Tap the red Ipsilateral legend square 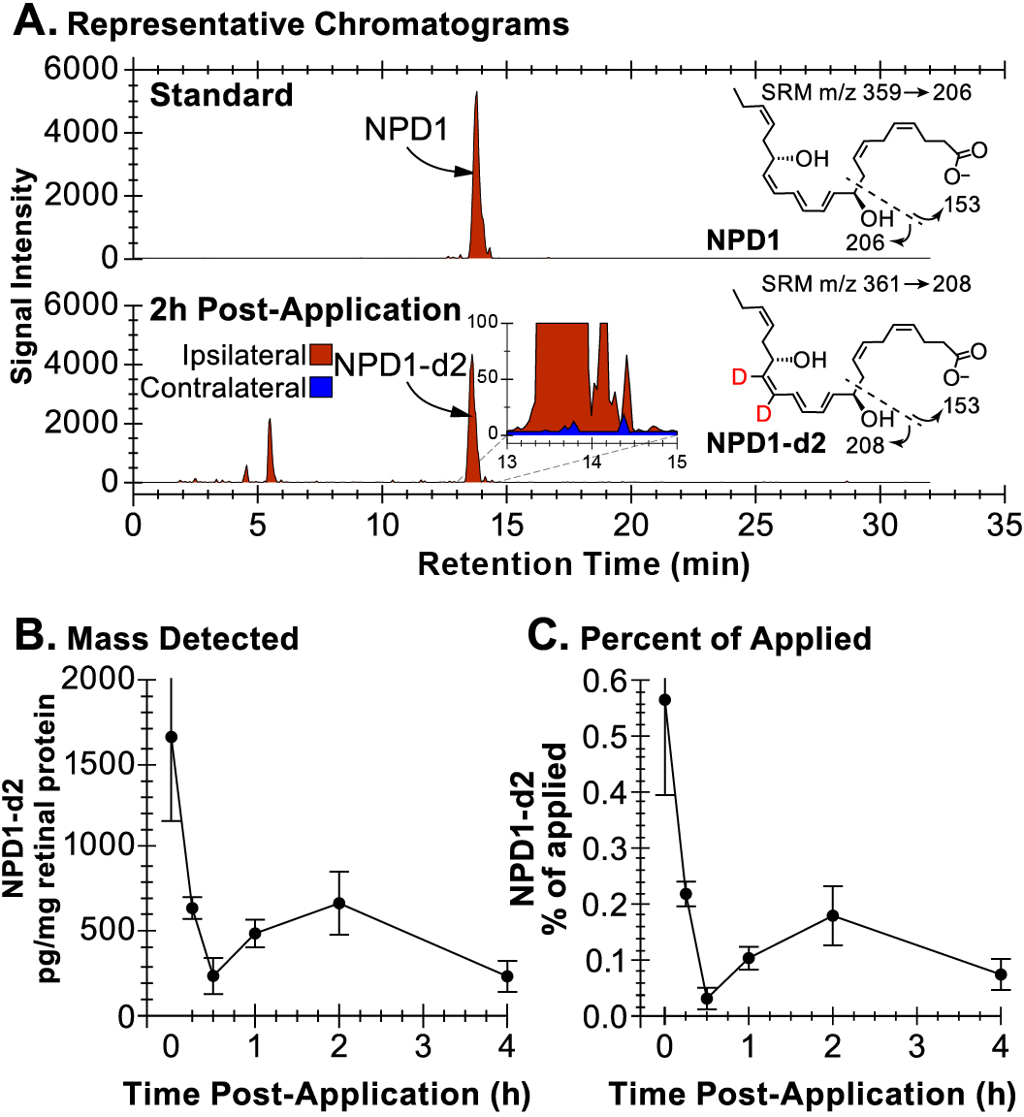322,355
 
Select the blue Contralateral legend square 322,388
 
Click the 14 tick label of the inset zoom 591,463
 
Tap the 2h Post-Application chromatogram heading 304,310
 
